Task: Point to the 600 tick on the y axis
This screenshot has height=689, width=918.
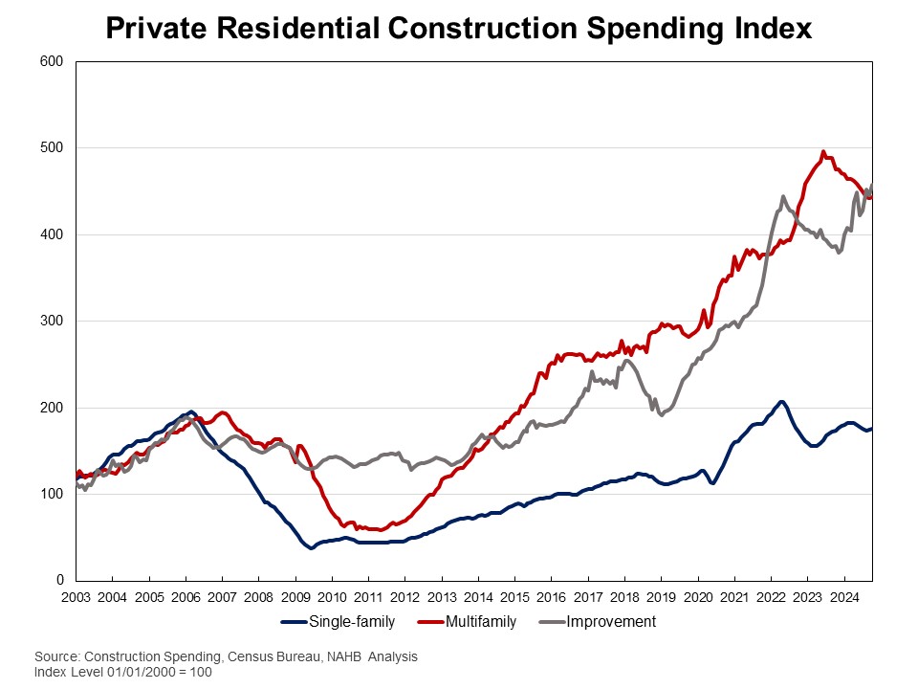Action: click(52, 62)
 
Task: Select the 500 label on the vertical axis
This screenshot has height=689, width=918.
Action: click(52, 148)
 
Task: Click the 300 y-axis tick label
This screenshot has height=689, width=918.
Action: click(52, 322)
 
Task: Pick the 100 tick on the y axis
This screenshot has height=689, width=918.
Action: click(52, 494)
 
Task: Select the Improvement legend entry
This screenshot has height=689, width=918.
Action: click(611, 622)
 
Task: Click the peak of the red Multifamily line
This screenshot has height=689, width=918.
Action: click(822, 151)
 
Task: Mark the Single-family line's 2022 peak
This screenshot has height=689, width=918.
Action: click(781, 402)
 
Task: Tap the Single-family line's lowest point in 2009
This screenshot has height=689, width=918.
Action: click(312, 548)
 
